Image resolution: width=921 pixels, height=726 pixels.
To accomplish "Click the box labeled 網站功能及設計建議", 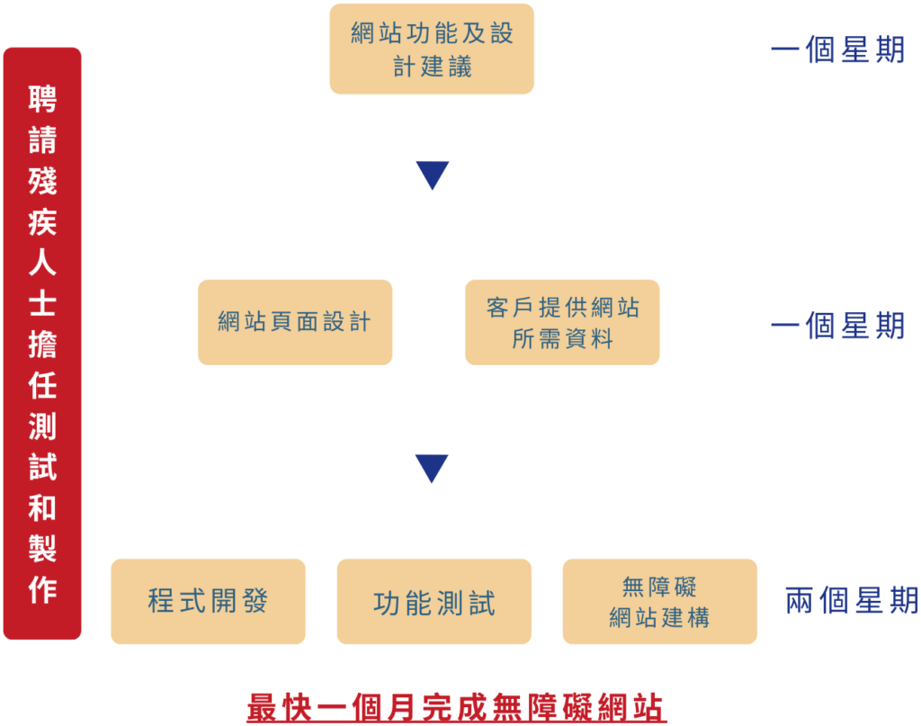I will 432,49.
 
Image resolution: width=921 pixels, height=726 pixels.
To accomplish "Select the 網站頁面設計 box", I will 295,322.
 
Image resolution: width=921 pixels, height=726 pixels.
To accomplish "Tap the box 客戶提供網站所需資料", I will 562,322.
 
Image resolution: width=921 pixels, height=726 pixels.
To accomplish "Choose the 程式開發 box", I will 208,601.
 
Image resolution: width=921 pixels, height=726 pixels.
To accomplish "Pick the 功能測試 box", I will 434,602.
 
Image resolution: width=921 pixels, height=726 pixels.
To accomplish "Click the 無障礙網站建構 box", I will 659,602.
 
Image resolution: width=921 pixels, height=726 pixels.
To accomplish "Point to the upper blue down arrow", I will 433,175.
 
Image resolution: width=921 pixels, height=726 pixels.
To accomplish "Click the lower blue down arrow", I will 432,468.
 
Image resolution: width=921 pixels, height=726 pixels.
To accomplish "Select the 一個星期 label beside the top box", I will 837,50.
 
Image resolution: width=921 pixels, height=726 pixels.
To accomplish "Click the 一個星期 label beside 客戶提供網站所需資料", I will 837,326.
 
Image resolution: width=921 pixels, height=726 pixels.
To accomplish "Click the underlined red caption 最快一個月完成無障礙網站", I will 457,708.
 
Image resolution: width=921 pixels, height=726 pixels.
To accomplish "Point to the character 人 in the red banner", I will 42,263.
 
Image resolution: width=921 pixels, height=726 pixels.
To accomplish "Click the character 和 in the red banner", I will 42,508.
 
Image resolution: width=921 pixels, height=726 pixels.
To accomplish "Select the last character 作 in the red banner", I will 42,590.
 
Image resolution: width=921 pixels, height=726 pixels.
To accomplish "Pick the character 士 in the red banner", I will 42,304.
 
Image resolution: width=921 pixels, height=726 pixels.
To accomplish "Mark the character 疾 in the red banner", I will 42,222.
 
